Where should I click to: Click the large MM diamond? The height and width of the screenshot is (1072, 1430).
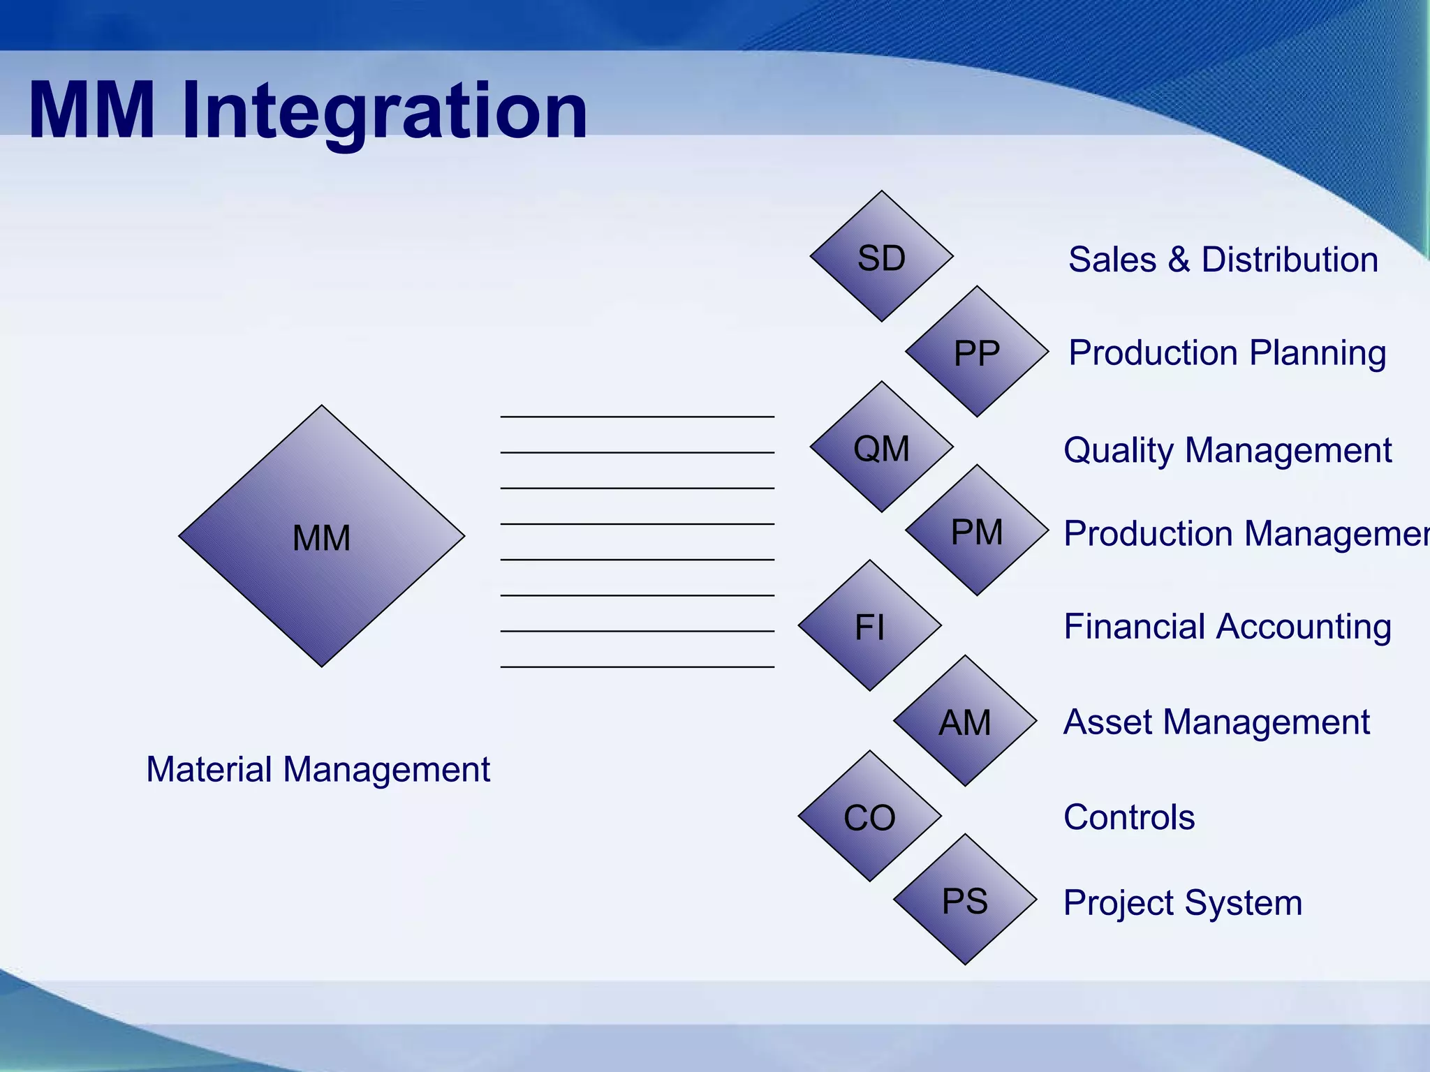coord(321,536)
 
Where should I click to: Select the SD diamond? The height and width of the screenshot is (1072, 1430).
coord(881,257)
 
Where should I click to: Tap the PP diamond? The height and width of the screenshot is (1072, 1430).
coord(977,352)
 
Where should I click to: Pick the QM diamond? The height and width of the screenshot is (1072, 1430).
coord(881,447)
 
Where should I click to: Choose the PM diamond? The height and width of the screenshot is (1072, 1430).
coord(977,530)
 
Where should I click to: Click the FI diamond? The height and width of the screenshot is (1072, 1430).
coord(869,626)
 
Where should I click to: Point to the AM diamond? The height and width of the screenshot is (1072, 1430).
coord(965,721)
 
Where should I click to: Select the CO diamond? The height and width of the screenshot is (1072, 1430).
coord(869,817)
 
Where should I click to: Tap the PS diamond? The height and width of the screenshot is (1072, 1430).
coord(965,900)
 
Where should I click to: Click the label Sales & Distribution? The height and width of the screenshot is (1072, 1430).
coord(1223,260)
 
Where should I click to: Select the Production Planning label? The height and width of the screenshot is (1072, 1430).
coord(1227,353)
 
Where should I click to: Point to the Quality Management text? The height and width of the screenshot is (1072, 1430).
coord(1227,450)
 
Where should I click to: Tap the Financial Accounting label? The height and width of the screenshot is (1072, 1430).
coord(1227,627)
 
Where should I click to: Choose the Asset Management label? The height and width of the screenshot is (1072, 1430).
coord(1216,722)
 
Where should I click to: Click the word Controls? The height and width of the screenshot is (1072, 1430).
coord(1128,817)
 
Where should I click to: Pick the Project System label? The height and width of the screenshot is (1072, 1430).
coord(1182,903)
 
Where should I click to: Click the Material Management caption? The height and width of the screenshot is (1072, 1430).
coord(318,770)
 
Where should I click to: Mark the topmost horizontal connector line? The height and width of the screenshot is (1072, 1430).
coord(637,417)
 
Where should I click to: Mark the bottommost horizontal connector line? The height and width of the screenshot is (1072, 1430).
coord(637,667)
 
